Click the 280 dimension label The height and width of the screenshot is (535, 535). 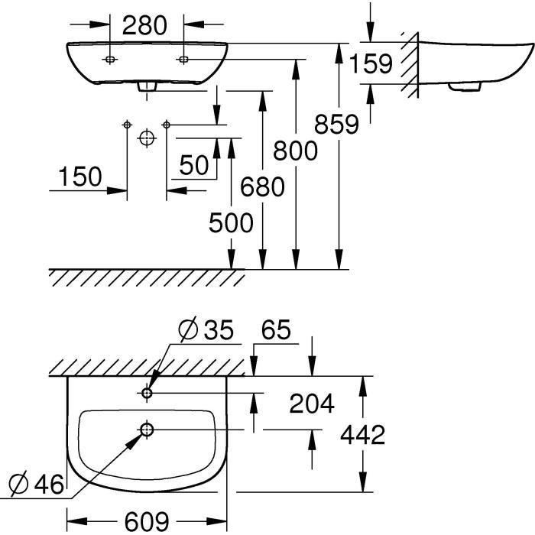(x=144, y=25)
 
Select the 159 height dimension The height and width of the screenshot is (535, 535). (x=371, y=63)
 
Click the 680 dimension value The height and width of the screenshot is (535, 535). (x=261, y=186)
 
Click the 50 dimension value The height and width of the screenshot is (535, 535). (x=195, y=164)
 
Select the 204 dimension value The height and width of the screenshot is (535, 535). (x=311, y=403)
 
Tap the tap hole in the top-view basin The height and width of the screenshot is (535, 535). (x=148, y=393)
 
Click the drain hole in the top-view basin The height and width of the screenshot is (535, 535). (x=147, y=430)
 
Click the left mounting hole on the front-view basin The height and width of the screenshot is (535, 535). (x=110, y=59)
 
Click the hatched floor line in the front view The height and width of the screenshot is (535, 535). (x=145, y=277)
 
